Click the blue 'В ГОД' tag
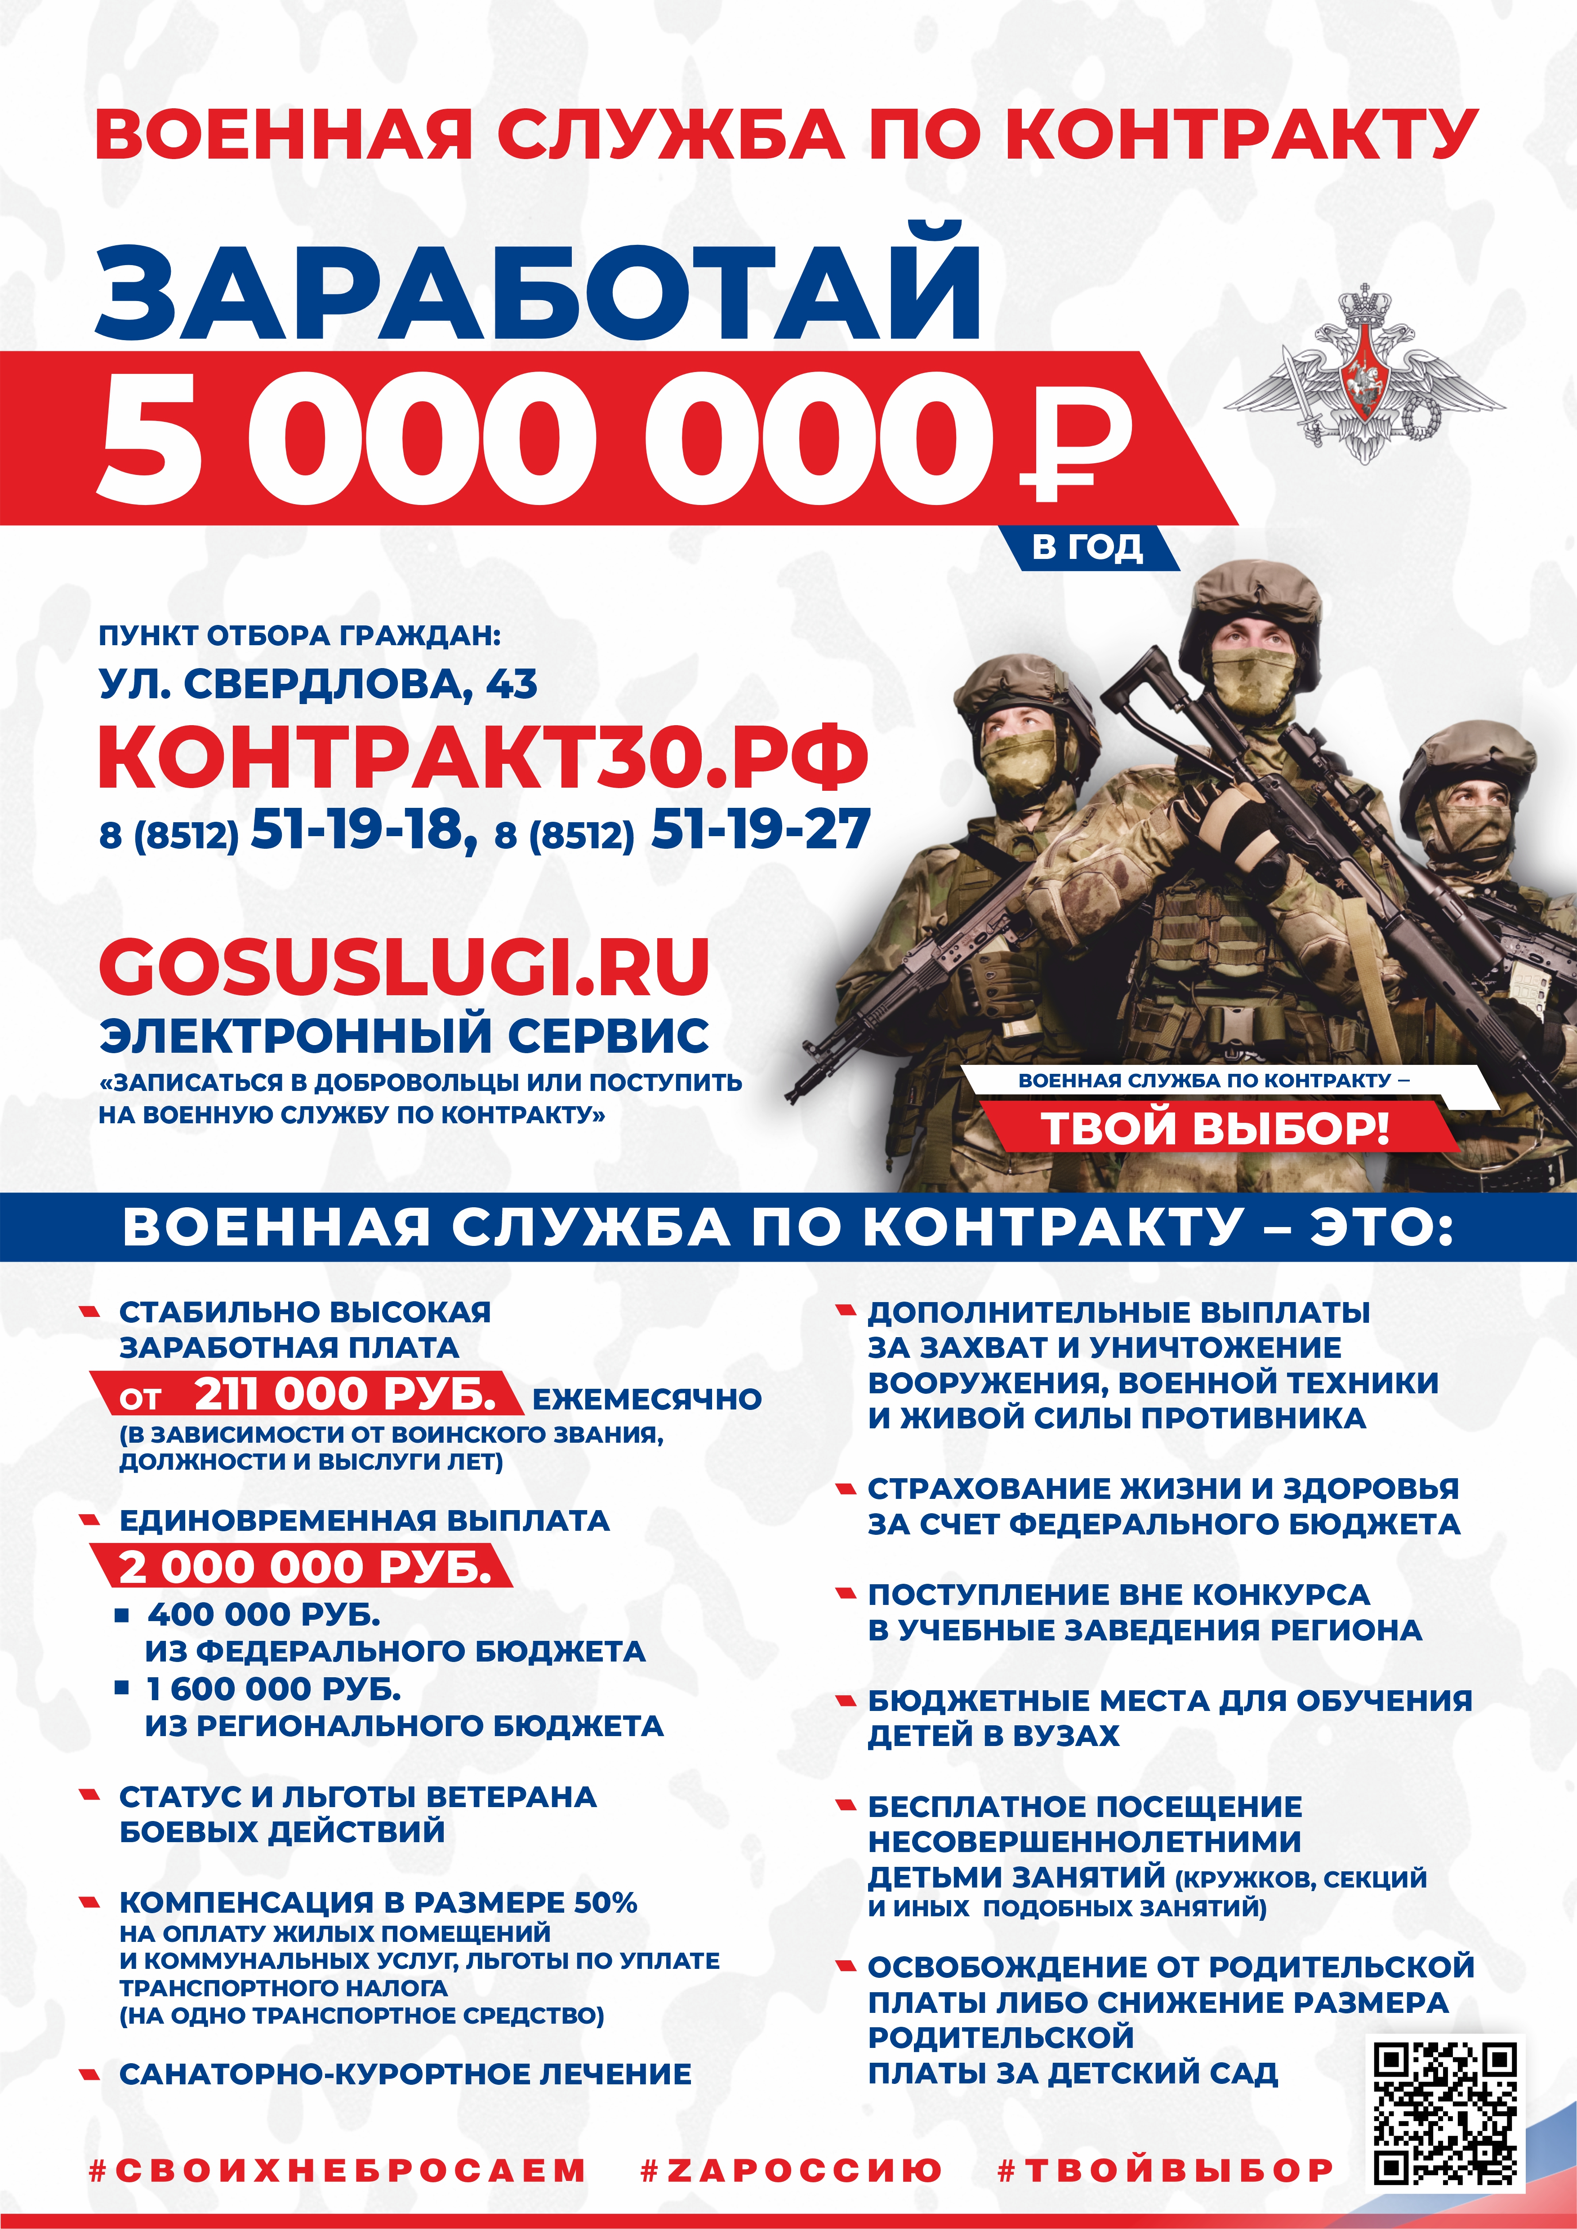tap(1087, 548)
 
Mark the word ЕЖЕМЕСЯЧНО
tap(647, 1399)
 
